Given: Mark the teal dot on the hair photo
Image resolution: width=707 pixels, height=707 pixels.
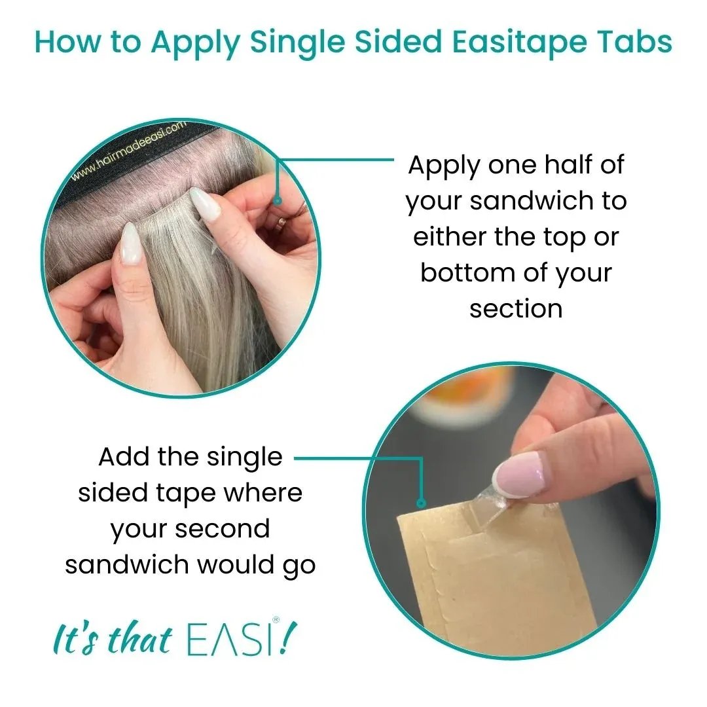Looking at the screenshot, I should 278,201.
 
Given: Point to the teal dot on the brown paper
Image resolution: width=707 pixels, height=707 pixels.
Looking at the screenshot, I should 422,503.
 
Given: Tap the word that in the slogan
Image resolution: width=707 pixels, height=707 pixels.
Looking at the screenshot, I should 139,640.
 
